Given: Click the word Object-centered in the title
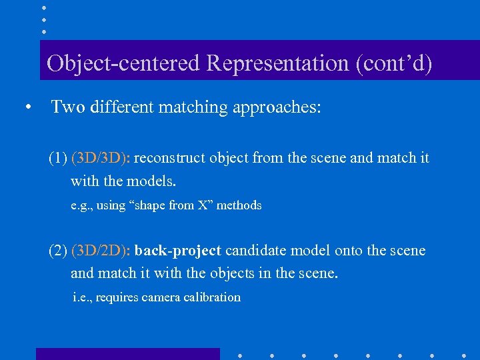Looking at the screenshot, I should pos(123,63).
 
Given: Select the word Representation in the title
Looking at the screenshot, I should pos(277,63).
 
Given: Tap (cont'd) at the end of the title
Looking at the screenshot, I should pos(394,63).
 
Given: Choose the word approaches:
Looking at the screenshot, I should pos(277,107).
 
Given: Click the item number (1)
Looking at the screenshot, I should pos(57,159).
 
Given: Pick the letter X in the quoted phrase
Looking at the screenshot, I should pos(203,205).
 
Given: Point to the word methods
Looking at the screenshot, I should pos(239,205).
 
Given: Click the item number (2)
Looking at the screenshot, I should pos(57,251).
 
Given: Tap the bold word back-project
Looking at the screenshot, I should pos(177,251).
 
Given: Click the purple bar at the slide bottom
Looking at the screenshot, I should pos(127,354).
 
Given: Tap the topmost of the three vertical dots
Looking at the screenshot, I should pos(43,8).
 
